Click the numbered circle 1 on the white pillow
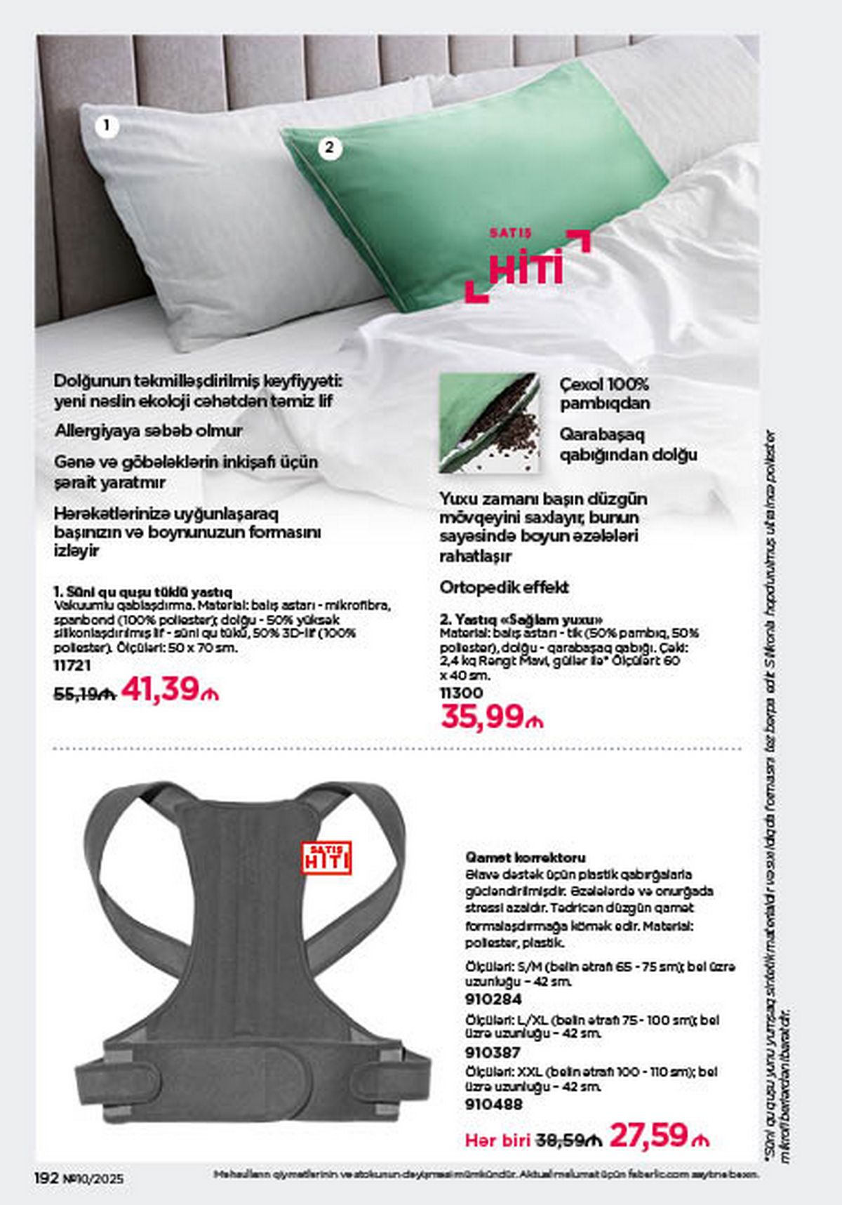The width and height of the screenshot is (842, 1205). point(107,126)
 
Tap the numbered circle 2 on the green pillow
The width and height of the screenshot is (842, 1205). point(330,148)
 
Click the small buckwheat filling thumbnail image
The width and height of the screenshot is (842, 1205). point(489,422)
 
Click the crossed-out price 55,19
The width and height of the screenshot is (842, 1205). point(83,693)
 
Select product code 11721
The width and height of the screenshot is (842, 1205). point(72,665)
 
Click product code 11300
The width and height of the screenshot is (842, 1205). point(461,693)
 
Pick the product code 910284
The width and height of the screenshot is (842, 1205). point(493,999)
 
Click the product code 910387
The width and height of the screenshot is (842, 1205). point(493,1052)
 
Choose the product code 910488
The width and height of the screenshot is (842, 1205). point(493,1105)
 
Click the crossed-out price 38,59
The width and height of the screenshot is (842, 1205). point(569,1141)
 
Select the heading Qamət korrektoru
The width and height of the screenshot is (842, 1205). point(525,858)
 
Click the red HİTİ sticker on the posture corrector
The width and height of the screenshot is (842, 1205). point(326,857)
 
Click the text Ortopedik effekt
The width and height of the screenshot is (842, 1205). point(504,587)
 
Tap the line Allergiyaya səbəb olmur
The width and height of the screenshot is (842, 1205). point(148,430)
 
